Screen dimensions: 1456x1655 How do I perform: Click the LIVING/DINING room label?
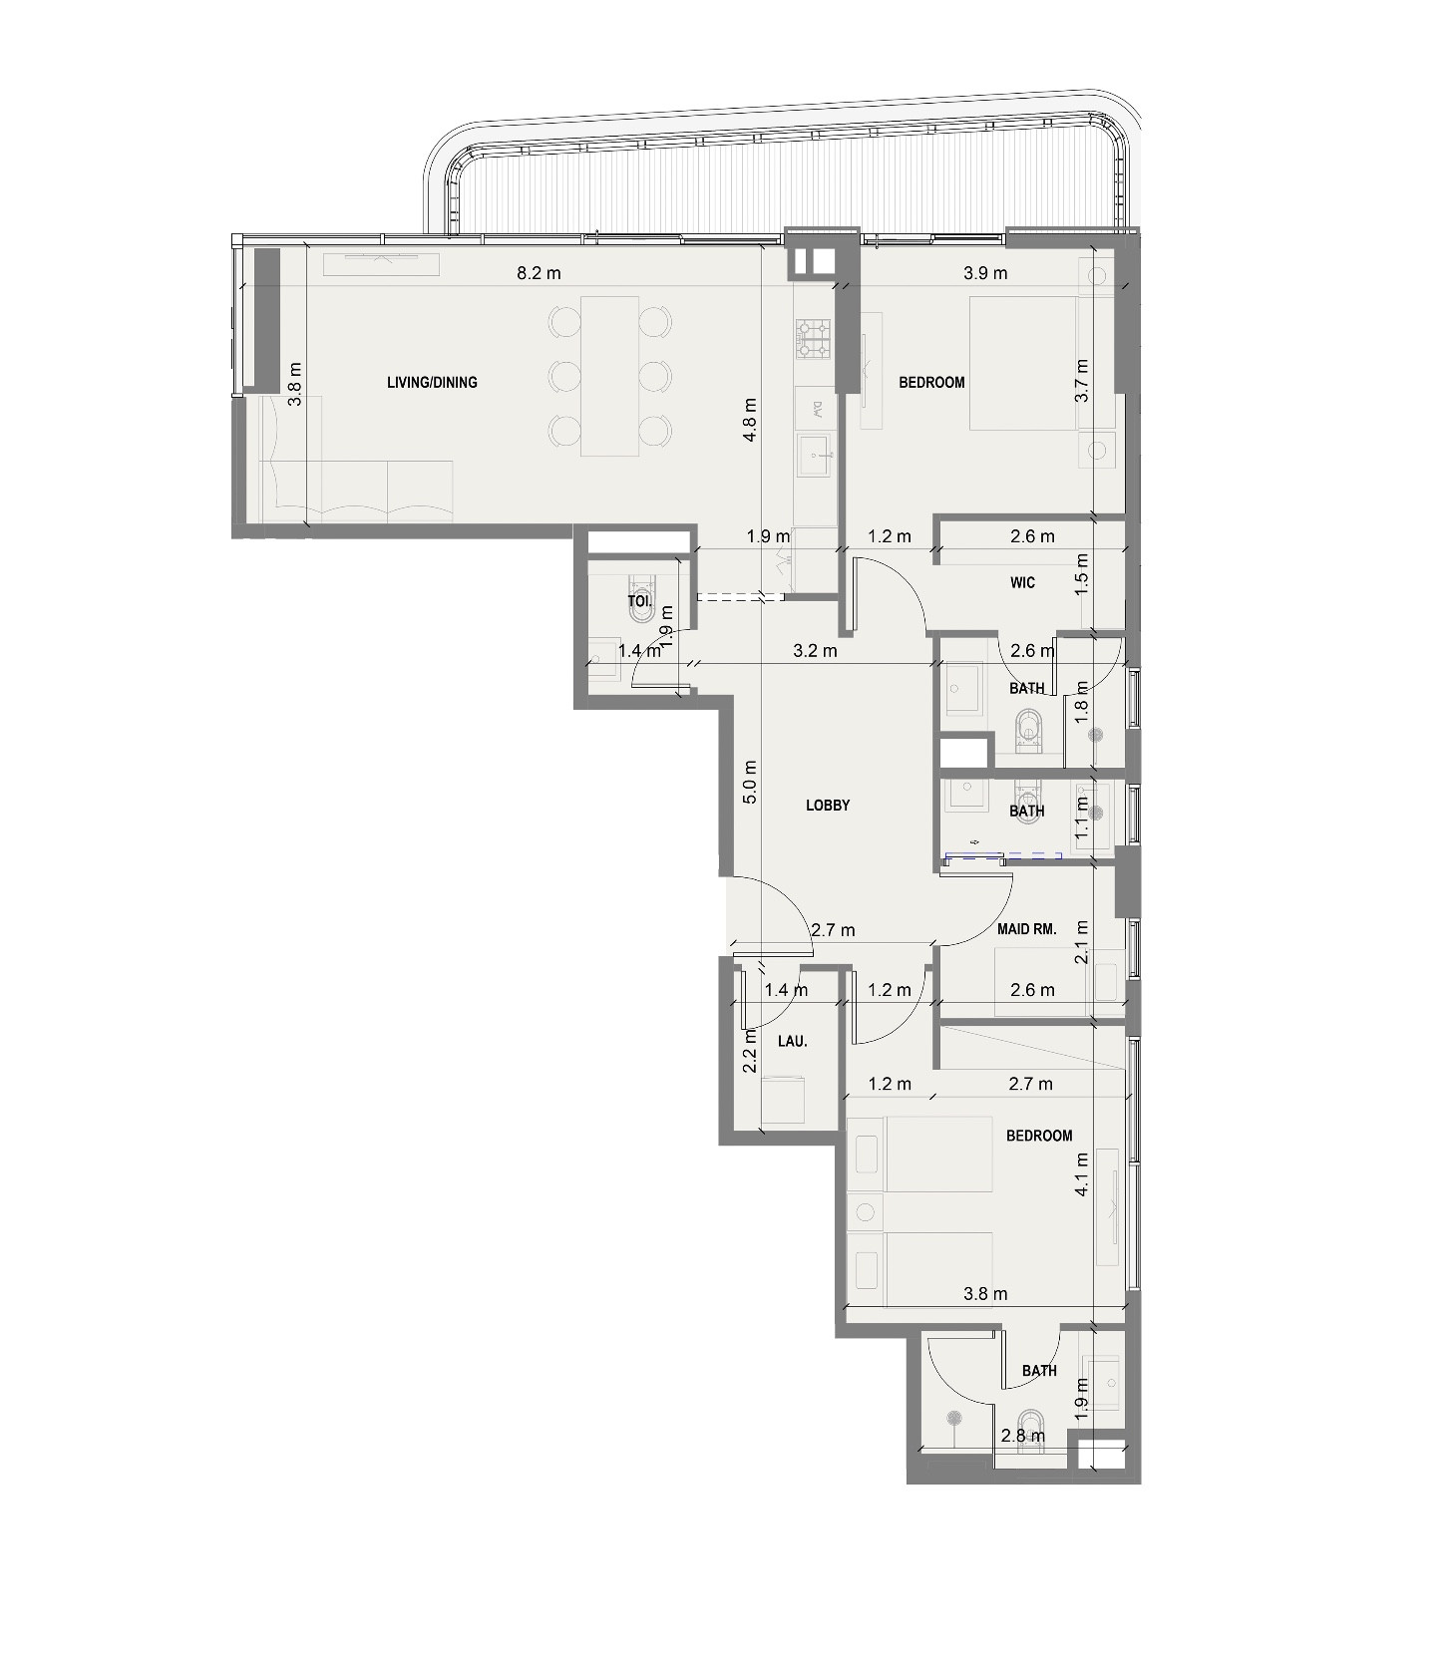pos(432,382)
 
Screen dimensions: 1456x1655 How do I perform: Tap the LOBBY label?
pos(828,805)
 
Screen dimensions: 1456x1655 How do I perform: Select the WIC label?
pos(1022,582)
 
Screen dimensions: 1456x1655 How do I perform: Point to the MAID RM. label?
pos(1026,928)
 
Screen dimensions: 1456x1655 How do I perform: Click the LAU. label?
pos(792,1041)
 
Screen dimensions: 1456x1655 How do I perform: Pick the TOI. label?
pos(639,601)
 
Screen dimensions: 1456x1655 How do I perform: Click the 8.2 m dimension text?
pos(539,272)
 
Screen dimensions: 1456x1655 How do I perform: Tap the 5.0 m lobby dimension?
pos(751,782)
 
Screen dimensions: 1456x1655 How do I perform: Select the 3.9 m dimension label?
pos(984,272)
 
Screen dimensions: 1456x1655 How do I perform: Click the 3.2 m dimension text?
pos(814,651)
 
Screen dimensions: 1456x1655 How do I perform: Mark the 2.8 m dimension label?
pos(1022,1436)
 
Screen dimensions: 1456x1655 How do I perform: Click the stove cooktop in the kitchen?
pos(812,338)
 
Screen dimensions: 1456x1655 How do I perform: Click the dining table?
pos(609,376)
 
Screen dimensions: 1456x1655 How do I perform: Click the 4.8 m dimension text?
pos(751,419)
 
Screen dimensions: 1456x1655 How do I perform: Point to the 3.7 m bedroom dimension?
pos(1081,380)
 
